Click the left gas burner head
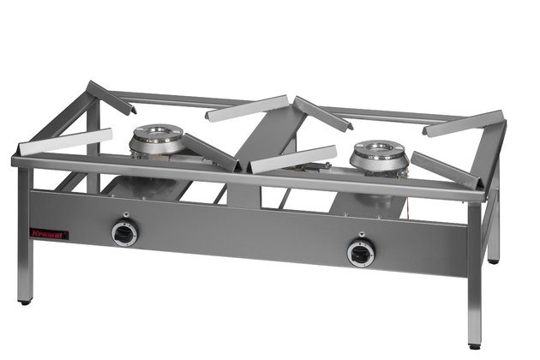coord(157,137)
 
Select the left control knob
coord(125,232)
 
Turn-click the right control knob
coord(360,252)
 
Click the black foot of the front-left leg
coord(25,302)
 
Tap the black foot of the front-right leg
coord(474,344)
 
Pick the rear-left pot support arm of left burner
coord(111,97)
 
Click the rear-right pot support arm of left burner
coord(246,108)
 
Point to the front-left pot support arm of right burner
coord(292,159)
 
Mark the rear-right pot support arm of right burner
coord(463,123)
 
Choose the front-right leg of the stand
coord(474,274)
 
